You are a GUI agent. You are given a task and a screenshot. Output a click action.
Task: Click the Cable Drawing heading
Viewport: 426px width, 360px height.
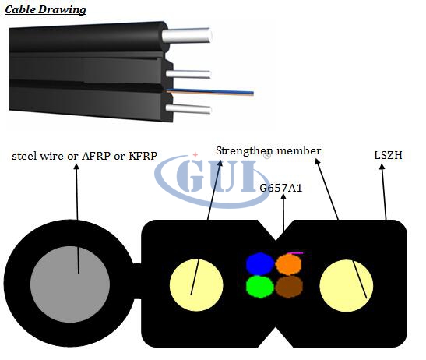click(x=46, y=10)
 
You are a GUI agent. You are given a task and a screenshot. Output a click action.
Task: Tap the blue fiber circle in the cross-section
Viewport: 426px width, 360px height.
click(x=260, y=263)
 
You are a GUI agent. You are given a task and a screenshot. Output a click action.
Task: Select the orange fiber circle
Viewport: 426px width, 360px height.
click(x=288, y=264)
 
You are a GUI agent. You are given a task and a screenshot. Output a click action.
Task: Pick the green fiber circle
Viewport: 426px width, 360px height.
click(x=260, y=287)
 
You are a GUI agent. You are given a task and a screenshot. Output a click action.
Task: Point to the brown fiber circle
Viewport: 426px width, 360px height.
click(x=289, y=286)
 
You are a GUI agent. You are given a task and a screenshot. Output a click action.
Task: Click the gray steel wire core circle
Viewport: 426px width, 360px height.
click(x=70, y=284)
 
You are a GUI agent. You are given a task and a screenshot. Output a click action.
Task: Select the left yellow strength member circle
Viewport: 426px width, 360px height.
click(x=196, y=285)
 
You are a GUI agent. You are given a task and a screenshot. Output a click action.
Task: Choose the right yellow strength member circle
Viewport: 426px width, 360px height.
click(x=347, y=285)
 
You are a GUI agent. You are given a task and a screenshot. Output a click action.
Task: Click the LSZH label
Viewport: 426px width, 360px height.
click(x=388, y=155)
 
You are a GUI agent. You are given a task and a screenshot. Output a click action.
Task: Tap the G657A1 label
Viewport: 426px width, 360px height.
click(x=281, y=188)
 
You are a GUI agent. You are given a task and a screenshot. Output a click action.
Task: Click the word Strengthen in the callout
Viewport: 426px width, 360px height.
click(x=243, y=151)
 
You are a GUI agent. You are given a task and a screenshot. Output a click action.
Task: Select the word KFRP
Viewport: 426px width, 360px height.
click(x=143, y=156)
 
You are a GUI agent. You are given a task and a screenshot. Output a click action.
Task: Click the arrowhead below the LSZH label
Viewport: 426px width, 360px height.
click(x=382, y=167)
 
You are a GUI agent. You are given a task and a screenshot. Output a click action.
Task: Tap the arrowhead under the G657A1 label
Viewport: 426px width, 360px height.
click(x=283, y=197)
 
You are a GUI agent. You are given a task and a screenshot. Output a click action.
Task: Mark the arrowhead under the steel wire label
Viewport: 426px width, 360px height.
click(x=76, y=167)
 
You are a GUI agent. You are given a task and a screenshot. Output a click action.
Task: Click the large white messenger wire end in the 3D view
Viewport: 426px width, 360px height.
click(x=187, y=36)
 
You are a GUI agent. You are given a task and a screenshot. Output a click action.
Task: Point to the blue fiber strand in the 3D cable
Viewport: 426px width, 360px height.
click(x=210, y=91)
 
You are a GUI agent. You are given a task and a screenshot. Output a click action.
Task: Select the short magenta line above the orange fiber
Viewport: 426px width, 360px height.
click(x=295, y=253)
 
